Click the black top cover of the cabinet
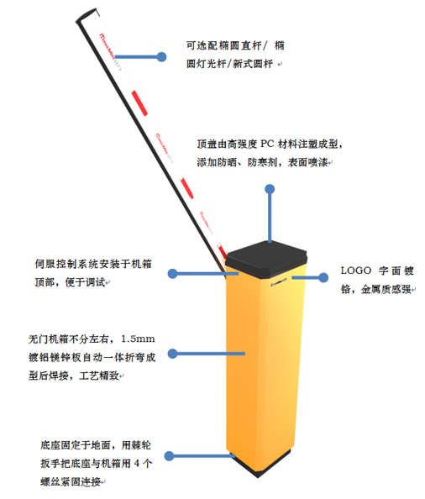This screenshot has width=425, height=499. pyautogui.click(x=266, y=260)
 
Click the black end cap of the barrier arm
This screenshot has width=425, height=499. pyautogui.click(x=86, y=15)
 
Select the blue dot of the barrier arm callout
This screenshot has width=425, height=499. pyautogui.click(x=161, y=57)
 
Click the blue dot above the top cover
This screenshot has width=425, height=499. pyautogui.click(x=270, y=189)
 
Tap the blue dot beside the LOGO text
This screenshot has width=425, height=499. pyautogui.click(x=323, y=277)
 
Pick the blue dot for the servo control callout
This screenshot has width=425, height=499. pyautogui.click(x=172, y=273)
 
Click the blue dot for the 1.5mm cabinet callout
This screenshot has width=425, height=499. pyautogui.click(x=172, y=353)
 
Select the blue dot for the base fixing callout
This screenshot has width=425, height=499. pyautogui.click(x=169, y=455)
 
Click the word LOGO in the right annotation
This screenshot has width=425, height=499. pyautogui.click(x=356, y=271)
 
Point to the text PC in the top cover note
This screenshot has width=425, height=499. pyautogui.click(x=267, y=144)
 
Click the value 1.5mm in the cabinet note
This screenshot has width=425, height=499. pyautogui.click(x=138, y=339)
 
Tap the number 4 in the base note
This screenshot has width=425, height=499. pyautogui.click(x=136, y=464)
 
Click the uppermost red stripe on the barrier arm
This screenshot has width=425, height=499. pyautogui.click(x=139, y=103)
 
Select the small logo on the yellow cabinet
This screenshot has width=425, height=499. pyautogui.click(x=279, y=282)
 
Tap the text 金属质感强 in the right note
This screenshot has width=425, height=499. pyautogui.click(x=386, y=289)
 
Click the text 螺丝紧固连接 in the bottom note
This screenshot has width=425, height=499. pyautogui.click(x=71, y=482)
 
